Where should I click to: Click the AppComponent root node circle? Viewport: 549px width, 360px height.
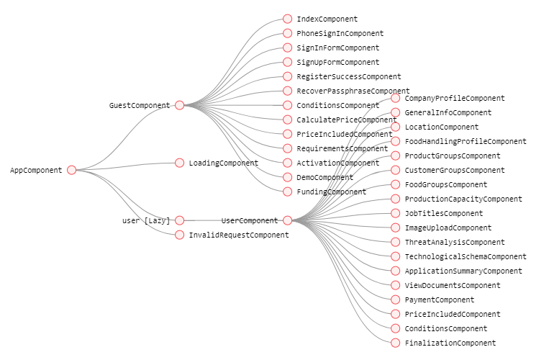tap(71, 170)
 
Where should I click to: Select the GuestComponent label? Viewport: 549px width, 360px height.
tap(139, 105)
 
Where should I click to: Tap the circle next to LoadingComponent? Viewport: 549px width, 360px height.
tap(180, 163)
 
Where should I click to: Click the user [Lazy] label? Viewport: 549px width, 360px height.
tap(146, 220)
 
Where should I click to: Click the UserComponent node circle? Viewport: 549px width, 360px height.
tap(288, 220)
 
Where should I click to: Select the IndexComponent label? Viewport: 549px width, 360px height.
tap(327, 19)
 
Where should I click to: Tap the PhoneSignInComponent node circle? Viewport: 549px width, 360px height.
tap(288, 33)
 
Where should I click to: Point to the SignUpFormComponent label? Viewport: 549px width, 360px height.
tap(337, 62)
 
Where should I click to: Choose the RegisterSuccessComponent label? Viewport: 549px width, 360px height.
tap(348, 76)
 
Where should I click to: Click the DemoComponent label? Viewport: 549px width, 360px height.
tap(325, 177)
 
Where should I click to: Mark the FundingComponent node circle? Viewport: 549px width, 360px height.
tap(288, 192)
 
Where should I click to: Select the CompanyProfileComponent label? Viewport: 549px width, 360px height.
tap(454, 98)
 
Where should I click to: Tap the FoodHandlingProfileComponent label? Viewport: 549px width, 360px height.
tap(465, 141)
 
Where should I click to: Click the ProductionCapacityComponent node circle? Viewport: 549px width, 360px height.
tap(396, 199)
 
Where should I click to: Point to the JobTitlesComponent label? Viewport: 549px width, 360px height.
tap(443, 213)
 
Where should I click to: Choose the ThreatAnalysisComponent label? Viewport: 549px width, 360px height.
tap(454, 242)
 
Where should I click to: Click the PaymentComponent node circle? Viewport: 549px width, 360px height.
tap(396, 300)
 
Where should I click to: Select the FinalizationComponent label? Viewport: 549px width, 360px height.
tap(450, 343)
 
